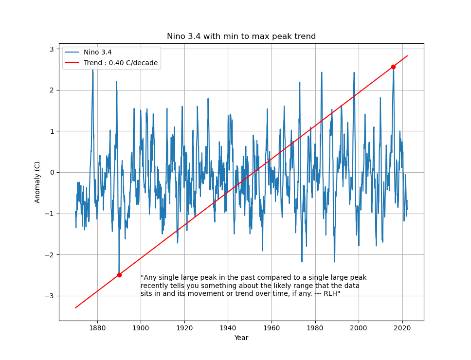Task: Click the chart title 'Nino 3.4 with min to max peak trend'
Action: (x=241, y=36)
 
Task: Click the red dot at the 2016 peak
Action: (x=393, y=67)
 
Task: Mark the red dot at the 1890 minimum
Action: (x=119, y=275)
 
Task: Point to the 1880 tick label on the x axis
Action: (x=97, y=328)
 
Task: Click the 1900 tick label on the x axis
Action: (x=141, y=328)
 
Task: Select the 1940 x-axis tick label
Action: (x=228, y=328)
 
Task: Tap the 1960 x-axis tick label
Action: (x=272, y=328)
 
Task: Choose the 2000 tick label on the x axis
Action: (x=359, y=328)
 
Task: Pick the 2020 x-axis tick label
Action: (x=402, y=328)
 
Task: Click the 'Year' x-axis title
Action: (x=241, y=338)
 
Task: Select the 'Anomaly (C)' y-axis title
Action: (x=37, y=182)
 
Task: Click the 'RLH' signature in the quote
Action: (x=331, y=294)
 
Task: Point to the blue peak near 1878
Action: (x=92, y=70)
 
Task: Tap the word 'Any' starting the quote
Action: (x=149, y=278)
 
